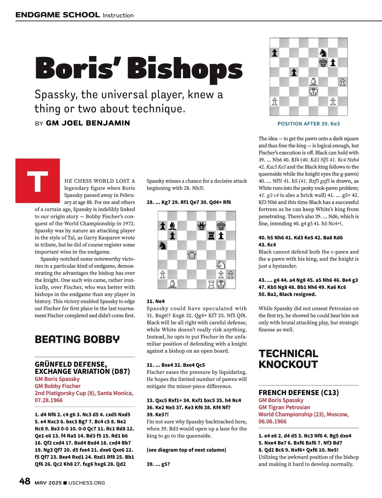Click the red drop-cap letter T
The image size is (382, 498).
click(38, 181)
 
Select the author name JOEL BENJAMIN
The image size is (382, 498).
click(88, 123)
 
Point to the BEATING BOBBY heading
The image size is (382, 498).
click(77, 339)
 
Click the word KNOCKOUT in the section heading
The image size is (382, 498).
click(288, 365)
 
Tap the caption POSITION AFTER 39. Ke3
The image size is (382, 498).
click(308, 124)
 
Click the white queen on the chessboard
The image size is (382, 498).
click(192, 255)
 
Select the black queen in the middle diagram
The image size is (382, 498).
click(202, 226)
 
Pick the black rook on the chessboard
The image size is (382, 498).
click(211, 236)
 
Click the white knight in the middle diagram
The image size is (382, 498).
click(221, 265)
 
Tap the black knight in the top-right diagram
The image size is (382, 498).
click(323, 52)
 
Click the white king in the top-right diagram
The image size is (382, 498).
click(314, 92)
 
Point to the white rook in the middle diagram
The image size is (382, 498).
click(211, 284)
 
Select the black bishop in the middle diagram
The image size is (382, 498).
click(172, 226)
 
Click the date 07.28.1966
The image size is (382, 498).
click(49, 400)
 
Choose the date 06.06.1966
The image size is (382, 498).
click(272, 421)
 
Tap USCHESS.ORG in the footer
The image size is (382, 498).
click(87, 483)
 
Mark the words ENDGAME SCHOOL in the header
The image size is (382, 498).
click(58, 15)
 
